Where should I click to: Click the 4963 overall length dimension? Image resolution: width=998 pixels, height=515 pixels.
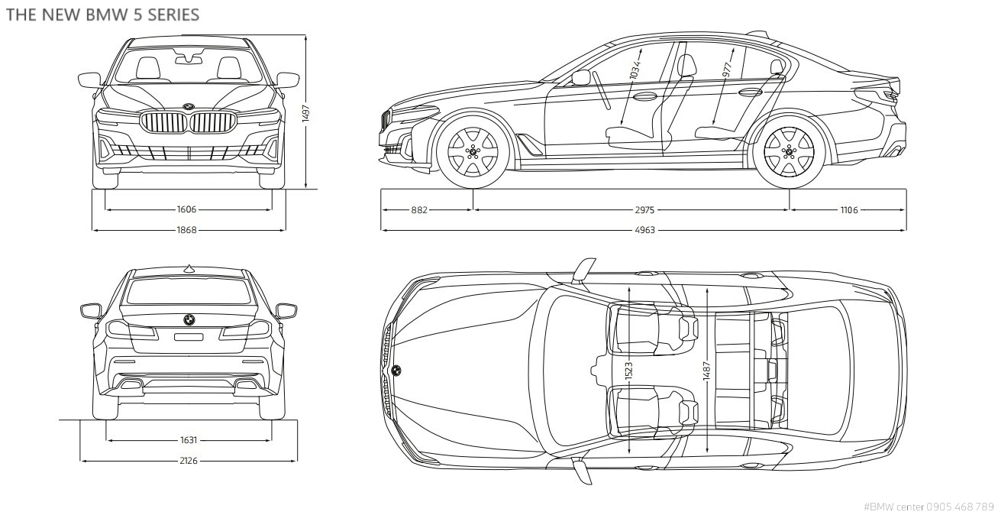coord(644,229)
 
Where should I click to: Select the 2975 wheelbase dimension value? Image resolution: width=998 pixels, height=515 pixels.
coord(644,209)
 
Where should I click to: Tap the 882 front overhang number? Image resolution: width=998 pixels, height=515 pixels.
coord(419,209)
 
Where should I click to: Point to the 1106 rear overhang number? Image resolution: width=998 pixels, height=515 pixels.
coord(848,209)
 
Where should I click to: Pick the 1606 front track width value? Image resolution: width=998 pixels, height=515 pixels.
coord(186,209)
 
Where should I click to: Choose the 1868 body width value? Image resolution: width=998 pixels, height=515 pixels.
coord(186,229)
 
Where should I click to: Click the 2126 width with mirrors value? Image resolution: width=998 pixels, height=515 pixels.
coord(188,461)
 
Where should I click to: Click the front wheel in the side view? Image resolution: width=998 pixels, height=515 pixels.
coord(473,151)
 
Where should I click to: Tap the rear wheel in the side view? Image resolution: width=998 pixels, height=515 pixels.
coord(789,151)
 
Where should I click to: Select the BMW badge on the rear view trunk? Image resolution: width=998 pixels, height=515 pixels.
coord(188,319)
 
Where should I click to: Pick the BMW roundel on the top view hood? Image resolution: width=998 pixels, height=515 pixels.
coord(396,371)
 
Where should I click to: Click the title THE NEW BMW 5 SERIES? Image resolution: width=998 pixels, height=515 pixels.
coord(102,15)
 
